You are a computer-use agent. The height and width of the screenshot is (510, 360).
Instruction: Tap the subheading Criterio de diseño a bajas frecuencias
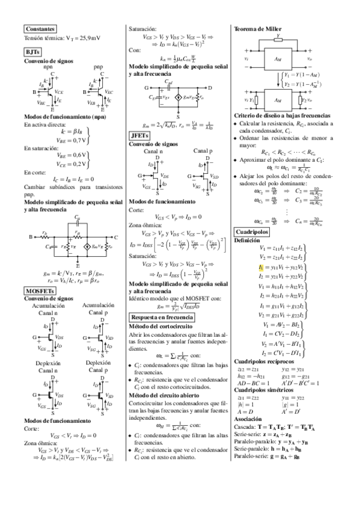(x=281, y=114)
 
